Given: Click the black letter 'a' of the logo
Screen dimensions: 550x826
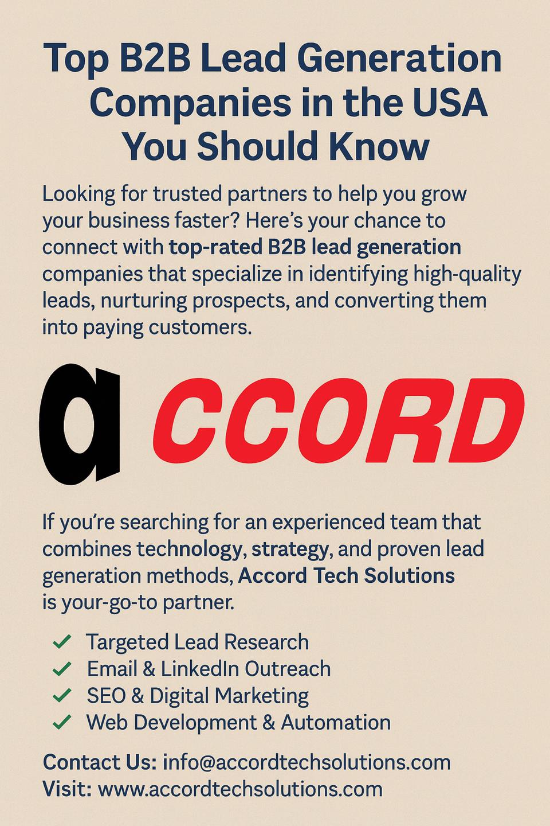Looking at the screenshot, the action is [80, 424].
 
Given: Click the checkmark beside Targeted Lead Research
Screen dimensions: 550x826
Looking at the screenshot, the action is [62, 642].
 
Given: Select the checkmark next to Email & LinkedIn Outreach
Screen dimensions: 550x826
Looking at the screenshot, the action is [62, 669].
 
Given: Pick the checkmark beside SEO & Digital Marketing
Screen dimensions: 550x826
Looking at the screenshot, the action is [62, 695].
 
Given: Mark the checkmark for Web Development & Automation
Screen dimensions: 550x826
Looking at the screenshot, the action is [62, 722].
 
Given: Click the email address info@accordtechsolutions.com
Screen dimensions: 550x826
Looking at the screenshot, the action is [307, 762].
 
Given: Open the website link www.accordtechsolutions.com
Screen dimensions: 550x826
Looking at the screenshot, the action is [240, 789].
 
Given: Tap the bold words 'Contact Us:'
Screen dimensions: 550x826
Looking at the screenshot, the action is [100, 762].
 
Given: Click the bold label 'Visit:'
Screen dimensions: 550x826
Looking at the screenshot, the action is [68, 789].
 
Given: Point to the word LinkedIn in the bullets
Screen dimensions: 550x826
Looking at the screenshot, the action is [200, 669].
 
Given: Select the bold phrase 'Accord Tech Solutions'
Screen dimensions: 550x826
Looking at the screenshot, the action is [346, 576].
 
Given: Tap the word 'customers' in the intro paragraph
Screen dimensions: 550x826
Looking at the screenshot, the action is [197, 328].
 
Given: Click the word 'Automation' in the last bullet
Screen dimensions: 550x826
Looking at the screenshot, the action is [336, 722].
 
